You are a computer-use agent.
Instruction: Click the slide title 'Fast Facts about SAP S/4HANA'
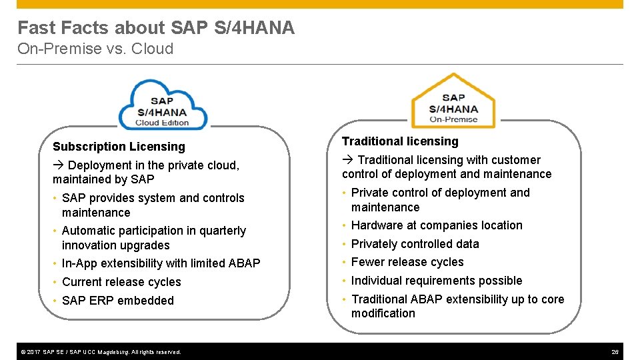click(x=155, y=28)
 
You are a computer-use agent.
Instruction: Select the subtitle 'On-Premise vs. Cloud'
click(x=95, y=49)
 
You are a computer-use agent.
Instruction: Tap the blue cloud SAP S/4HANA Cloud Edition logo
click(x=162, y=106)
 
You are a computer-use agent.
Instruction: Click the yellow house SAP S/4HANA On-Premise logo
click(x=453, y=103)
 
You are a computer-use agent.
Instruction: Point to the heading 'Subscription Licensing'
click(x=119, y=147)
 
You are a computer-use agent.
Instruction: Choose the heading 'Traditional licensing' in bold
click(x=400, y=141)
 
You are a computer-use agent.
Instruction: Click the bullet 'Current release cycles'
click(x=121, y=282)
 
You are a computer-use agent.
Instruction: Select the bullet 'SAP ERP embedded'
click(x=117, y=301)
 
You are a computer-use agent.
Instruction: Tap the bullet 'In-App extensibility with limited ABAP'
click(x=161, y=263)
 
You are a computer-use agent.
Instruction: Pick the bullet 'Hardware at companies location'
click(x=437, y=225)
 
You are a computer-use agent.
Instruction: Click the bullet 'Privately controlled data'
click(x=415, y=244)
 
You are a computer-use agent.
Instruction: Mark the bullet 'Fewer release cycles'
click(x=407, y=262)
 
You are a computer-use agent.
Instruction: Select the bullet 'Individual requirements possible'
click(x=437, y=281)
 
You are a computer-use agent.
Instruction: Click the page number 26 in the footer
click(x=615, y=351)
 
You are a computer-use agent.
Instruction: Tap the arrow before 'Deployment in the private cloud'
click(x=58, y=165)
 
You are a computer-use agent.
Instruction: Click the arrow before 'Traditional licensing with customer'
click(x=347, y=160)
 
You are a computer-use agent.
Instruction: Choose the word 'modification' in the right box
click(x=383, y=313)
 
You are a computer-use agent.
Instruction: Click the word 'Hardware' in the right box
click(x=376, y=225)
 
